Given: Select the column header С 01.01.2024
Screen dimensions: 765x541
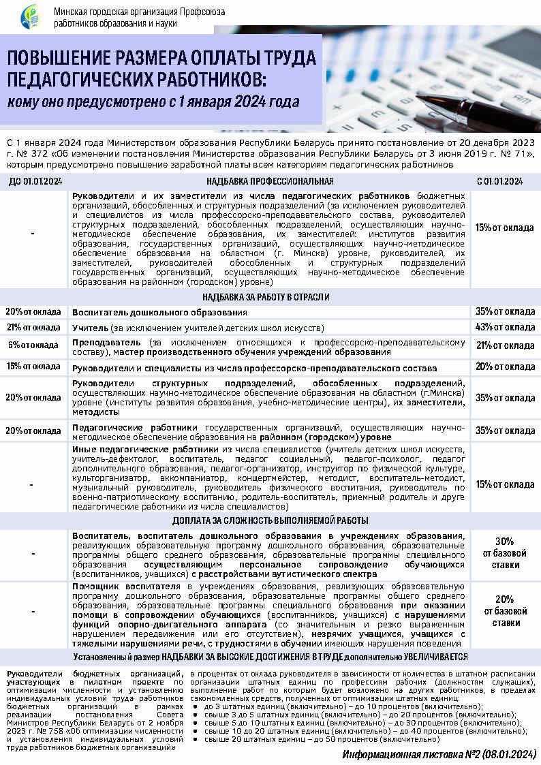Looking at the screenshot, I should point(504,181).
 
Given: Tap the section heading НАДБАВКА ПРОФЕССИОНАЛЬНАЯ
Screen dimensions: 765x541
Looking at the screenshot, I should point(270,181).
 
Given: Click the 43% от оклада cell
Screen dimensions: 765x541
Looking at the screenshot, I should point(505,328).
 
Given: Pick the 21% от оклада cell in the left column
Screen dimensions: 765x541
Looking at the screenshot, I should point(33,328).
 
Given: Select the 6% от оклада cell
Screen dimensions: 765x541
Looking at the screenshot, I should point(33,345).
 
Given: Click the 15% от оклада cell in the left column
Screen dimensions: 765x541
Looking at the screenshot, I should point(33,366).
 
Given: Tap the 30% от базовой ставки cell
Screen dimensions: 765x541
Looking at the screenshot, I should point(505,552).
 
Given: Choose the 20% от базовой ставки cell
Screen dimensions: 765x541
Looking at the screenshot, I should point(505,611).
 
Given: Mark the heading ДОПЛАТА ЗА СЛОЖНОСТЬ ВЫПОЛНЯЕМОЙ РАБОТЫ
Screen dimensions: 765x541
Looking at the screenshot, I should point(270,520).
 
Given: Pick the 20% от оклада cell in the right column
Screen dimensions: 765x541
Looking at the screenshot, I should point(505,366).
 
